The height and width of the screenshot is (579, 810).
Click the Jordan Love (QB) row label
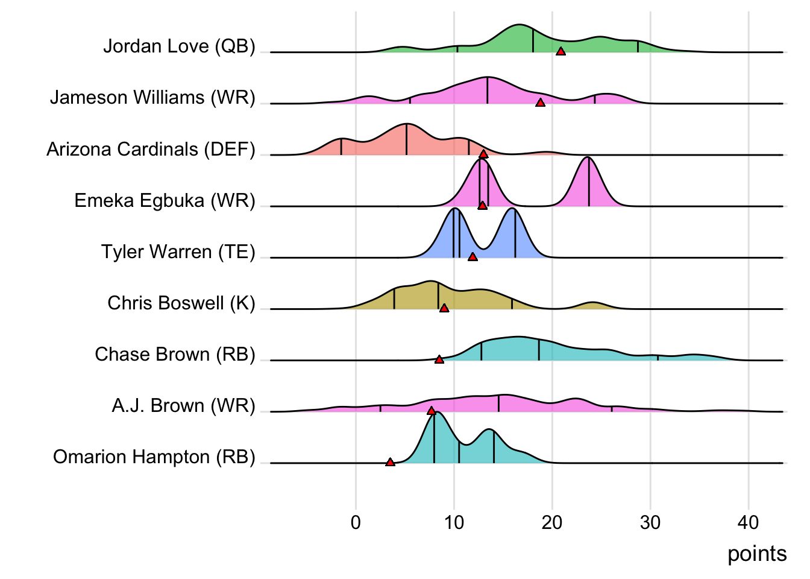coord(179,46)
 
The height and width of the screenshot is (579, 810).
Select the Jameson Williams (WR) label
coord(152,98)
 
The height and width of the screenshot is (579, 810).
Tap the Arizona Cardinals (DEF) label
coord(151,149)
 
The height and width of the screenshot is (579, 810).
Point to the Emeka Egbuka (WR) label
coord(165,200)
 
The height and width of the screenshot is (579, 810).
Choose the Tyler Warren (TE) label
coord(178,252)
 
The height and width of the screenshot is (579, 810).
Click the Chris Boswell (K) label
coord(181,303)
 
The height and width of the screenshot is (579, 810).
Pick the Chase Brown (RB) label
coord(175,354)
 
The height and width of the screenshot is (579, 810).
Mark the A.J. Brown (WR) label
coord(183,405)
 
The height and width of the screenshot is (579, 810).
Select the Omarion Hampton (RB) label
coord(154,457)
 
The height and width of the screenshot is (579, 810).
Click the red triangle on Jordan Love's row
coord(560,52)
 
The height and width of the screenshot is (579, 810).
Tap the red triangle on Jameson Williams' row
coord(541,103)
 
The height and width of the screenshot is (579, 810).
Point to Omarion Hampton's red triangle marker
coord(390,463)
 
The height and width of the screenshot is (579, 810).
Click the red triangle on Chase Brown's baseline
coord(439,359)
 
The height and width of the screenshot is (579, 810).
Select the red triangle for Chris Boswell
coord(444,308)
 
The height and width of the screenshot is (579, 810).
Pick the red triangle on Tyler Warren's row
coord(472,257)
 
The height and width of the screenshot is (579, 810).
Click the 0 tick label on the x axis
coord(356,522)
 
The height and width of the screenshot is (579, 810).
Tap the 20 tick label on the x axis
coord(552,522)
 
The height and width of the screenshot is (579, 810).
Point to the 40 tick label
coord(749,522)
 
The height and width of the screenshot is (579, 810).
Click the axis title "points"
coord(757,554)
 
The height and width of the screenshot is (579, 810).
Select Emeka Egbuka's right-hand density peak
coord(588,159)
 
